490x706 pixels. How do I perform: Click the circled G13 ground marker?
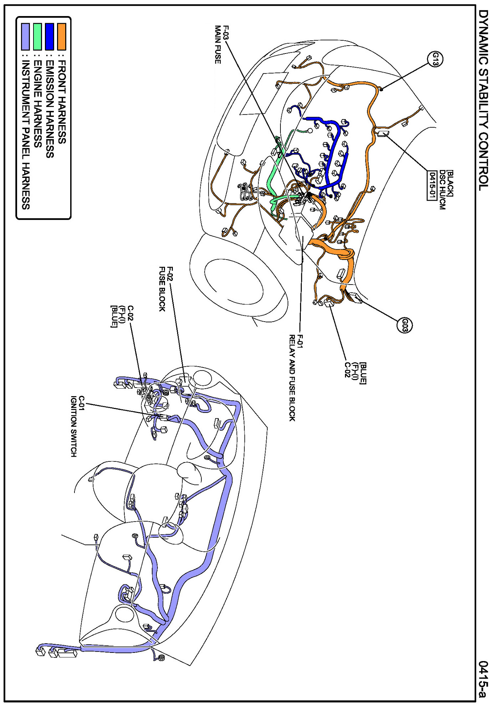tap(435, 59)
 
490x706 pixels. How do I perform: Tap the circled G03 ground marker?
tap(404, 325)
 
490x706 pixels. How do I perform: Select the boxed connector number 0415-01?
tap(432, 186)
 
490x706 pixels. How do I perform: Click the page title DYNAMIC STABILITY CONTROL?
tap(483, 100)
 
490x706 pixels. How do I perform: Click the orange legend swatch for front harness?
tap(62, 36)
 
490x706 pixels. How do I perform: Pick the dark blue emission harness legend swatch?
tap(50, 36)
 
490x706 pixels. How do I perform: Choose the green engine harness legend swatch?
tap(37, 36)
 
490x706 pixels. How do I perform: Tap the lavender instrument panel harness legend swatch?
tap(25, 36)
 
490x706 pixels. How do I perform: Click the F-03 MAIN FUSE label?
tap(222, 45)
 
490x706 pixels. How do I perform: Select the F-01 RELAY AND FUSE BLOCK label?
tap(296, 378)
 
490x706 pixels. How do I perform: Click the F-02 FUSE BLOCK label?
tap(166, 289)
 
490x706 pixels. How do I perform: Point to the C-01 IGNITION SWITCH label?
tap(77, 426)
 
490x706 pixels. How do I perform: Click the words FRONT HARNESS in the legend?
tap(62, 102)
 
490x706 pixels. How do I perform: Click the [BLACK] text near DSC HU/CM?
tap(450, 183)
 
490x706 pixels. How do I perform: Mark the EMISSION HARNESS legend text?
tap(50, 109)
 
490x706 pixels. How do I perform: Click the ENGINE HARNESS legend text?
tap(37, 104)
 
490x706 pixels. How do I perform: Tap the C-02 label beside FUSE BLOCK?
tap(130, 313)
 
